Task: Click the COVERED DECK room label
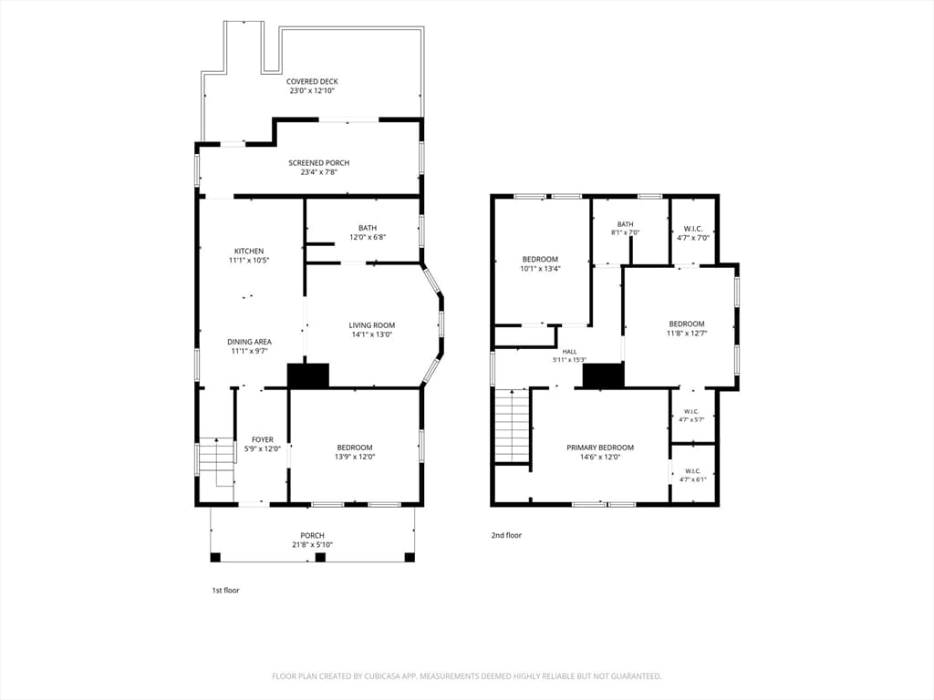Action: click(x=312, y=81)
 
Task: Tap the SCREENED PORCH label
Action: click(x=318, y=163)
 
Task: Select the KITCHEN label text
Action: click(x=249, y=252)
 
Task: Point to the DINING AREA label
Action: click(x=250, y=342)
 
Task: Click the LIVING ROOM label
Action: click(x=372, y=325)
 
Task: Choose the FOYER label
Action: click(x=263, y=440)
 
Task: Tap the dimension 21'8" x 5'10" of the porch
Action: click(x=312, y=545)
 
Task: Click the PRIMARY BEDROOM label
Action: click(x=600, y=448)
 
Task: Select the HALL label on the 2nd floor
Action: click(x=569, y=352)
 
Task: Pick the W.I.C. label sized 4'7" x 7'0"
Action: click(x=693, y=229)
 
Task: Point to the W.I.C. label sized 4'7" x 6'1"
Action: click(x=692, y=471)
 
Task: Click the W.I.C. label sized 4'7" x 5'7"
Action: click(x=691, y=411)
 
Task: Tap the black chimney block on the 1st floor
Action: click(x=308, y=376)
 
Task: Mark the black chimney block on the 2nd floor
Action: click(x=603, y=376)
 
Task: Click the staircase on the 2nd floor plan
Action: click(x=513, y=426)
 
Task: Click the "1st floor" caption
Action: click(x=226, y=591)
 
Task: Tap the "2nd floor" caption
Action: click(x=506, y=535)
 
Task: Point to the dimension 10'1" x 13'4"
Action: click(x=540, y=269)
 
